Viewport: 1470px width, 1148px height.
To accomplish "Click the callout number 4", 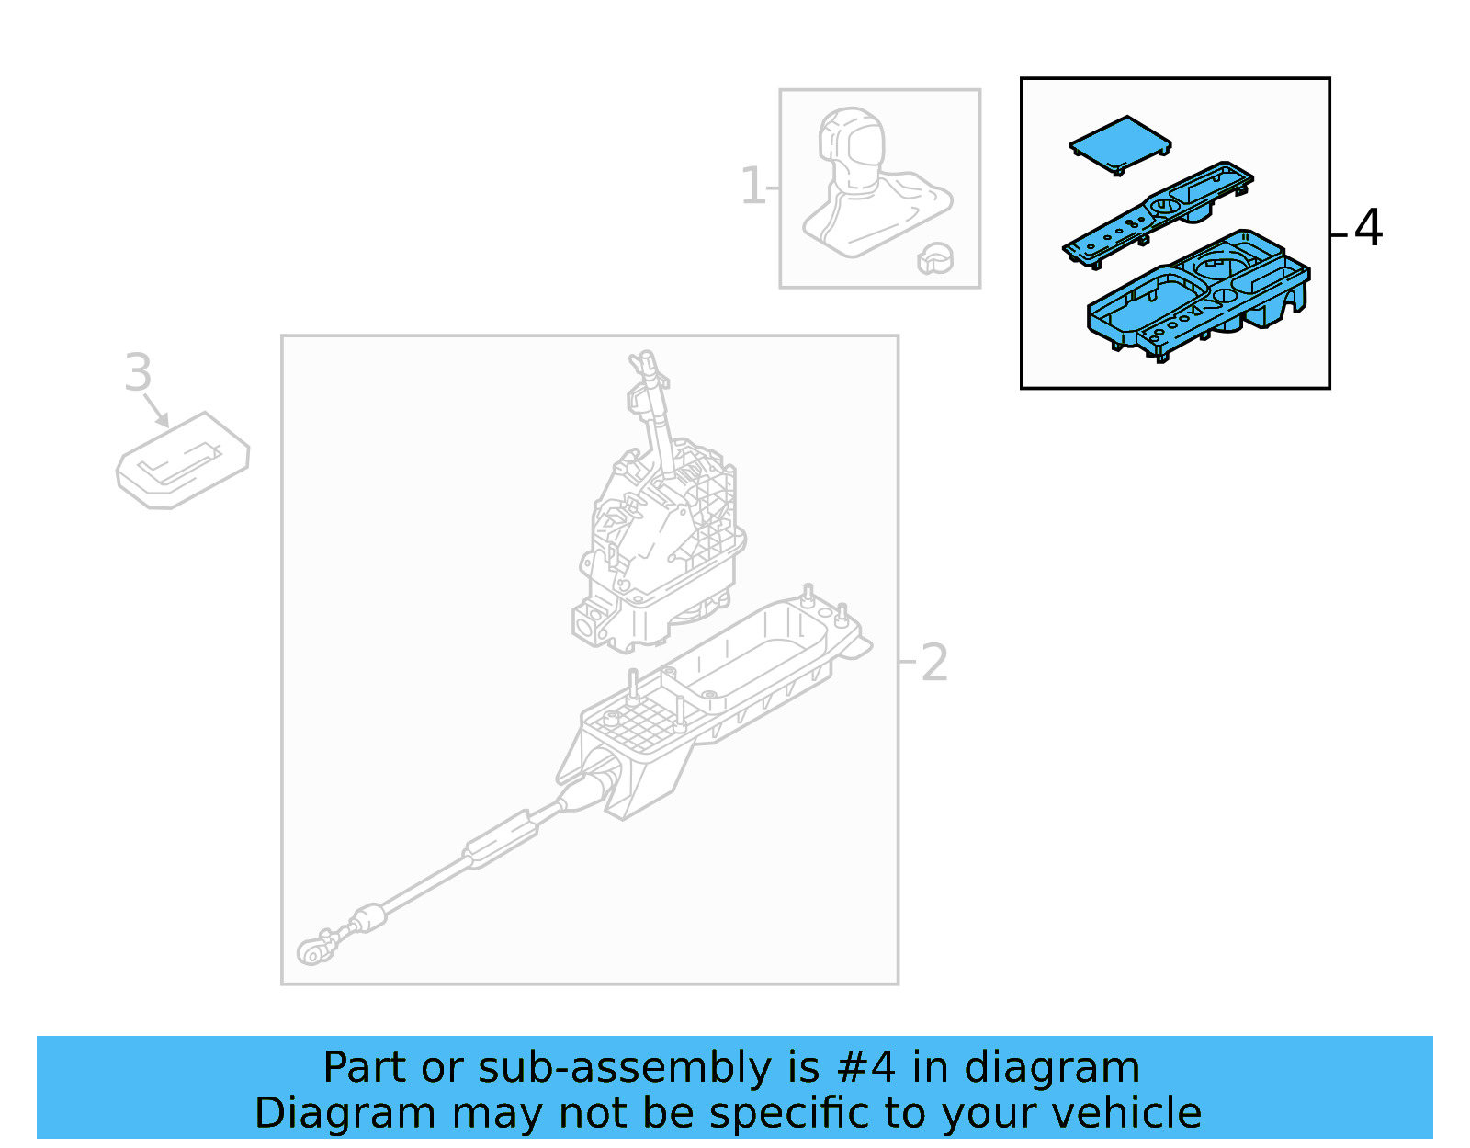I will click(x=1368, y=228).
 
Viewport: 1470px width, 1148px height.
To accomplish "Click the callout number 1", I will click(x=752, y=187).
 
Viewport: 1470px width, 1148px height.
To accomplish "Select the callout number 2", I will click(x=933, y=663).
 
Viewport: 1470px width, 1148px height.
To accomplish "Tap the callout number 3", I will click(x=138, y=373).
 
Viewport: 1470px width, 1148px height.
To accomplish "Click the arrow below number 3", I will click(x=157, y=412).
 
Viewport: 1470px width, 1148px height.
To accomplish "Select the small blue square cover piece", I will click(x=1120, y=144).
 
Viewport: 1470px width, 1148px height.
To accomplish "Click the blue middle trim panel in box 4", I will click(x=1158, y=215).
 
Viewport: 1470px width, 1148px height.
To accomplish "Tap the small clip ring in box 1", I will click(x=935, y=259).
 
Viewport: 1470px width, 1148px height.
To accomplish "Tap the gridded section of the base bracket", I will click(x=634, y=722).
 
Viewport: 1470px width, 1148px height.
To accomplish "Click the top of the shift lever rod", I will click(x=646, y=360).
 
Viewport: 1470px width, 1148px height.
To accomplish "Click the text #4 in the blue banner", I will click(x=865, y=1068).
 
